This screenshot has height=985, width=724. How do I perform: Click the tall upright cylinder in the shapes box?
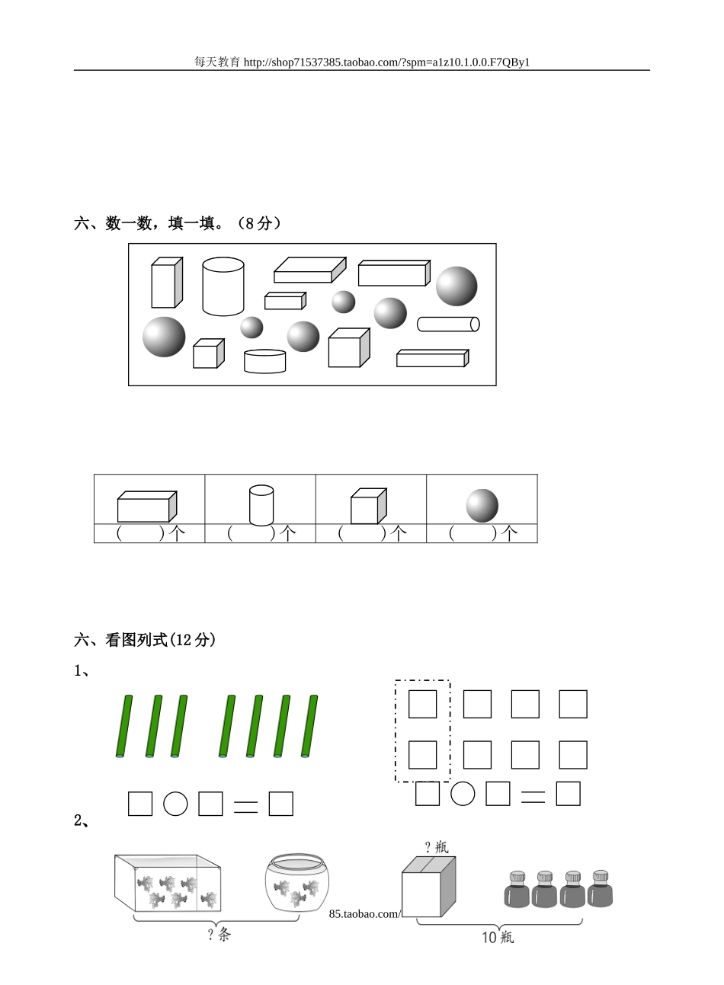point(223,286)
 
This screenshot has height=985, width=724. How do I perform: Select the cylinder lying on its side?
point(448,324)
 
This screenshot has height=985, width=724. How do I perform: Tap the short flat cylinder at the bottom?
point(265,361)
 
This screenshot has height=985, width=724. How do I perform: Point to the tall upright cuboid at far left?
point(167,282)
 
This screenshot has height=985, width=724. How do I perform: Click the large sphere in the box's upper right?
point(457,286)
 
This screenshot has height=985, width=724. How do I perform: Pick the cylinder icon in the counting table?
point(261,504)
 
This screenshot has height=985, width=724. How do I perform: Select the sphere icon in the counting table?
point(482,505)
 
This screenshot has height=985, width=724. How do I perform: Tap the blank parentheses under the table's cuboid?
point(140,533)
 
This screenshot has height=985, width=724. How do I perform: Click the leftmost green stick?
point(124,726)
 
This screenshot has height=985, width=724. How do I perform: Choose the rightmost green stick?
point(309,726)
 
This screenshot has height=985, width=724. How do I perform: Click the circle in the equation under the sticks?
point(175,804)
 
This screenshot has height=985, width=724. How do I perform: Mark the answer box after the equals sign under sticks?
point(280,804)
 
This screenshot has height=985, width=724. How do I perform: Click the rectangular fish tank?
point(168,883)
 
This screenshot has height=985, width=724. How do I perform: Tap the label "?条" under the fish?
point(219,935)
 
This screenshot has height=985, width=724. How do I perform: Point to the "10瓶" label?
point(498,937)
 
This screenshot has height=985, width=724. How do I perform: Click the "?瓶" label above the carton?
point(436,846)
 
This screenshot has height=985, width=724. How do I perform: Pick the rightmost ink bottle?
point(600,889)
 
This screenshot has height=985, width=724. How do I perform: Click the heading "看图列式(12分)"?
point(160,640)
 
